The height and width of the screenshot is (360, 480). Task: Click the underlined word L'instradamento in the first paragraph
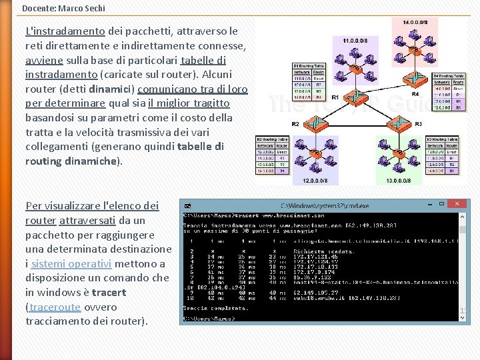(x=65, y=31)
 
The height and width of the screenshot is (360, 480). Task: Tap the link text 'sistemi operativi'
(x=64, y=263)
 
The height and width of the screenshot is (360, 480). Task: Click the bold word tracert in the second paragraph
(x=109, y=292)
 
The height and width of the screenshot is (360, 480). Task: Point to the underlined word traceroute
(x=55, y=307)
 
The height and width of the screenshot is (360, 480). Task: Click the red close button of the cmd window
(x=457, y=203)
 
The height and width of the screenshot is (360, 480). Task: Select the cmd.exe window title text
(x=325, y=206)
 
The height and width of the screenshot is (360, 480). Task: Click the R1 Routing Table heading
(x=309, y=67)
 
